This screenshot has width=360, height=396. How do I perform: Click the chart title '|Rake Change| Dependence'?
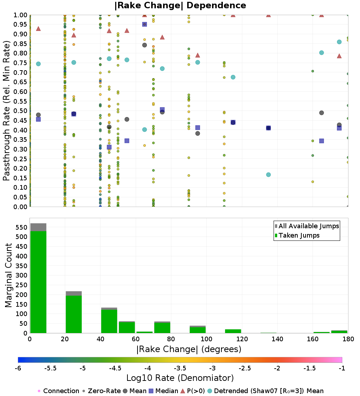click(180, 5)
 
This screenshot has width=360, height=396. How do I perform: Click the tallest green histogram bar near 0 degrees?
click(39, 282)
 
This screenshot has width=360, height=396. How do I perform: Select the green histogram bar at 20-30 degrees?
click(74, 314)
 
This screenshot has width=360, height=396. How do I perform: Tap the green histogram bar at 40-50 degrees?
click(109, 321)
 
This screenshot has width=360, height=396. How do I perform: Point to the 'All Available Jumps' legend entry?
click(307, 226)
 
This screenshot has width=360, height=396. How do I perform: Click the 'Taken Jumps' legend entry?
click(297, 235)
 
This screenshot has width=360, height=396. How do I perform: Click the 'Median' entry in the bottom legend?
click(163, 391)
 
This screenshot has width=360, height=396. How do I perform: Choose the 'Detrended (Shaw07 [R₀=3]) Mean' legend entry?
click(266, 391)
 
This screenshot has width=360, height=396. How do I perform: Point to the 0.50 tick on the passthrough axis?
click(20, 111)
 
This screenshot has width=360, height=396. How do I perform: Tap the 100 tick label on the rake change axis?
click(206, 339)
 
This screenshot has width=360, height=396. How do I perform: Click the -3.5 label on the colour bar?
click(180, 368)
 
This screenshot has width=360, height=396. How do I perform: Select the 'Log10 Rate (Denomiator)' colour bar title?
click(180, 378)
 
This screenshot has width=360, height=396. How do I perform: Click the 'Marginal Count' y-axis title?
click(8, 275)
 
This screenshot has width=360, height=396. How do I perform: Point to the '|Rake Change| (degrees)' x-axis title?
click(189, 349)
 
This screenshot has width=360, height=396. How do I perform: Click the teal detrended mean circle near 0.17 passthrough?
click(268, 175)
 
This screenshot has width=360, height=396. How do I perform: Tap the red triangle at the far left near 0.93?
click(39, 28)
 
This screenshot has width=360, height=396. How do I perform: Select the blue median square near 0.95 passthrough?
click(144, 24)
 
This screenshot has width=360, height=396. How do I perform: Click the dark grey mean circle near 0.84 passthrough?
click(144, 45)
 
